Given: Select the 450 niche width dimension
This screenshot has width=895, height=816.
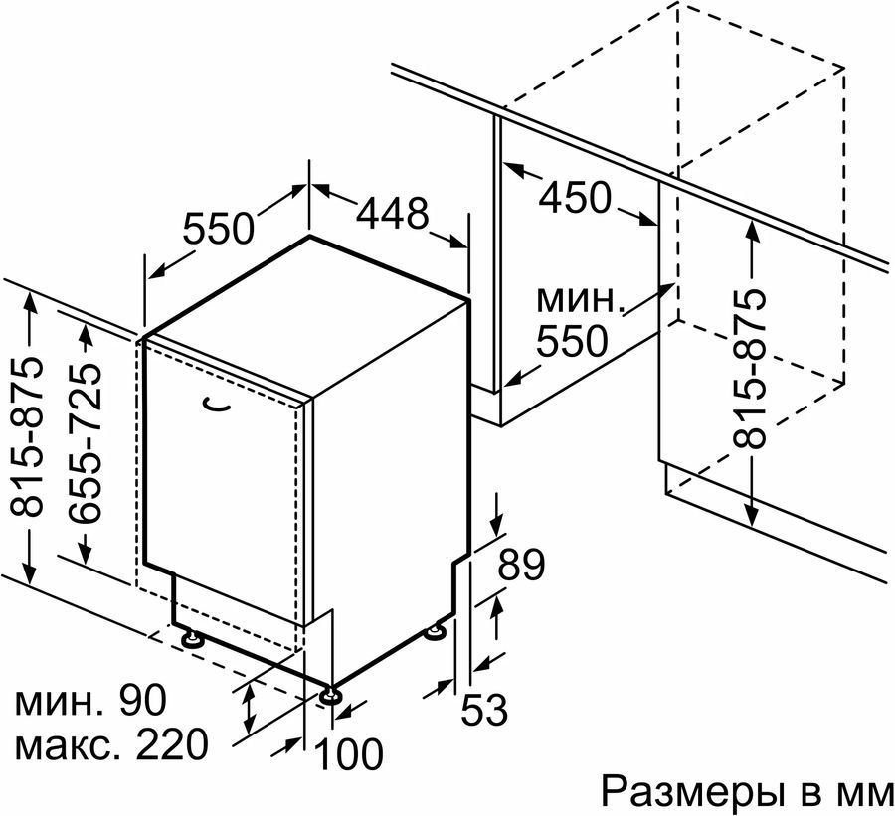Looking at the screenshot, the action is click(x=575, y=197).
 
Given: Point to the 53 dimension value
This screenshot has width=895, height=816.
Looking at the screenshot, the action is click(x=484, y=710).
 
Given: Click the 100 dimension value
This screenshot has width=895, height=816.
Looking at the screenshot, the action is click(x=348, y=753).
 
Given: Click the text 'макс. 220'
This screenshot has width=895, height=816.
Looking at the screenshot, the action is click(x=110, y=743).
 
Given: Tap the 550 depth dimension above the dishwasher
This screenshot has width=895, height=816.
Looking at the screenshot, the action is click(x=218, y=228).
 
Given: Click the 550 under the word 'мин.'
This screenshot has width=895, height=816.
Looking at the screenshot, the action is click(x=572, y=341).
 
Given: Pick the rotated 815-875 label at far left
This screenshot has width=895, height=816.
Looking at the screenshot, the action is click(x=27, y=435).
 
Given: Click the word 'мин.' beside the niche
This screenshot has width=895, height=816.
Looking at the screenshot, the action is click(x=579, y=299).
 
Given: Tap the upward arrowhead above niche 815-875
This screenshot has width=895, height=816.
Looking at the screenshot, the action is click(x=753, y=231).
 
